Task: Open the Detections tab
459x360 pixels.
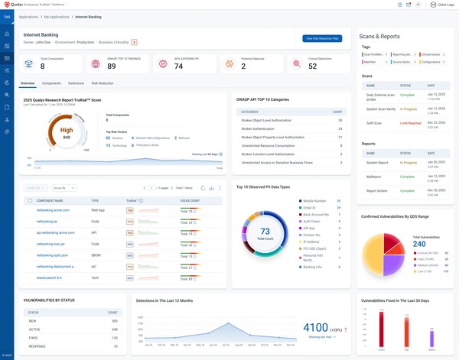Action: (x=76, y=83)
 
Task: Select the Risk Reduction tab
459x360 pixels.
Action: (x=103, y=83)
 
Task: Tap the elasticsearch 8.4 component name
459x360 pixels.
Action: (x=50, y=278)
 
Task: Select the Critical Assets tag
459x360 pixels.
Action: (x=431, y=54)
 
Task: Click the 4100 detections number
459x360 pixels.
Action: (x=314, y=327)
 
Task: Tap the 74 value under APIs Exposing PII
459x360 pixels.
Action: (x=178, y=66)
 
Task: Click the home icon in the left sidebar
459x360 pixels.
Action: (x=7, y=34)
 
